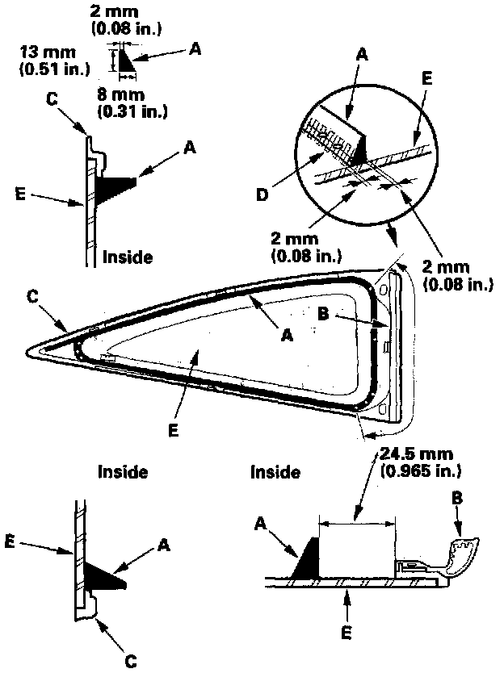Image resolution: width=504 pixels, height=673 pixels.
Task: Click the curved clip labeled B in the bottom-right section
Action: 460,557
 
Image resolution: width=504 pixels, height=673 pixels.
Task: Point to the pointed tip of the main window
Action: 30,349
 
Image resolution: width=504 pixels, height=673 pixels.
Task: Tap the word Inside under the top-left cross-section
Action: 127,257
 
